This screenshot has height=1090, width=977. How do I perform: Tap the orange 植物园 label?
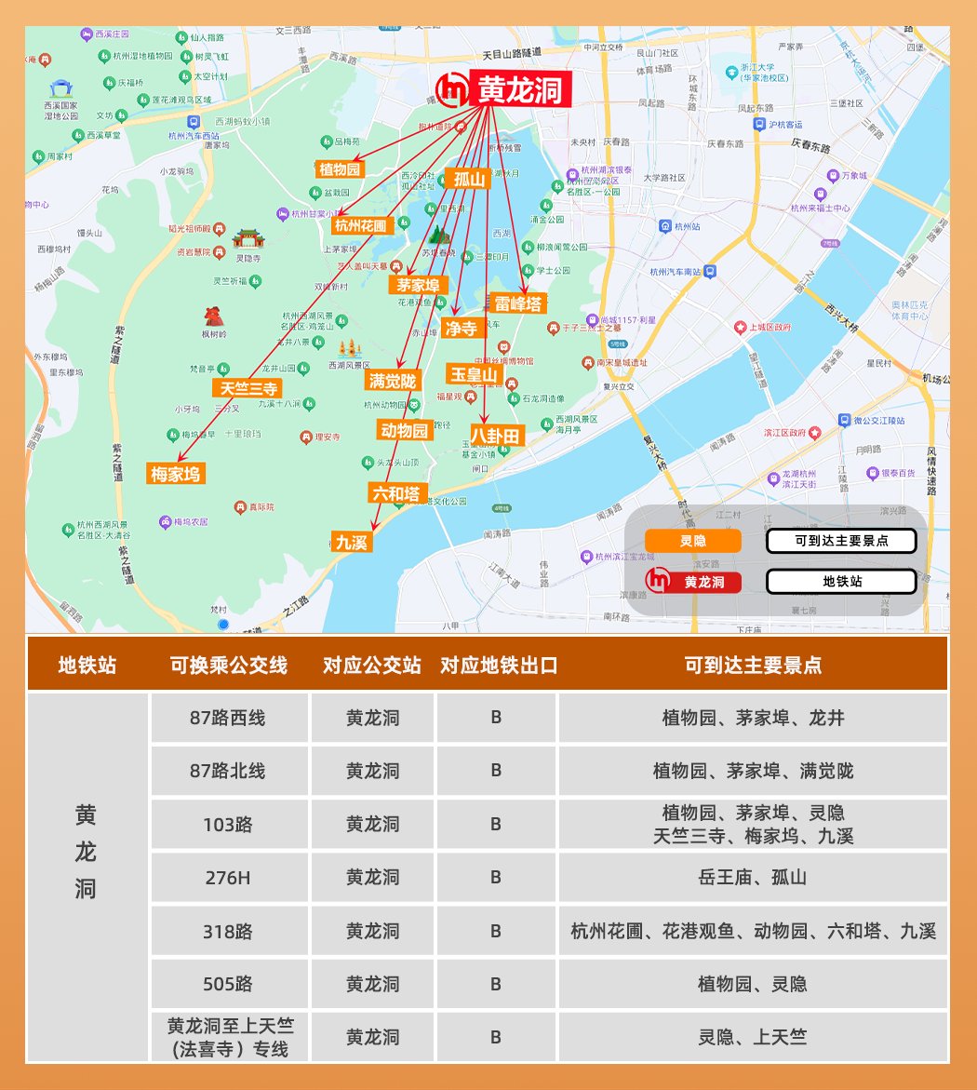point(340,169)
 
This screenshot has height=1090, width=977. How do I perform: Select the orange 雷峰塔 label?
point(518,303)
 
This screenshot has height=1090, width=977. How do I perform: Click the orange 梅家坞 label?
point(176,474)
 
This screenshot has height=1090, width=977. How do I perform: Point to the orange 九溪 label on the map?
point(352,542)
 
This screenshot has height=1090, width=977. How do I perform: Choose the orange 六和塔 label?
point(396,493)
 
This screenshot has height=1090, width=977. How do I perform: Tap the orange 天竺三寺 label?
point(248,388)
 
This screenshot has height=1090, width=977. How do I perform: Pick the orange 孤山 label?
point(470,179)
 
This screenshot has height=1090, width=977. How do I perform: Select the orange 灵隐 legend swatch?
point(693,541)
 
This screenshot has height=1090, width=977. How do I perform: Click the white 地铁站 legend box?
point(841,582)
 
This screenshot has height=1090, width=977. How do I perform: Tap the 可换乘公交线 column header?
point(229,666)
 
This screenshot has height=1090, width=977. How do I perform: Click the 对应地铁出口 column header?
point(498,666)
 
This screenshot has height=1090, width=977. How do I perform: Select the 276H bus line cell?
point(229,877)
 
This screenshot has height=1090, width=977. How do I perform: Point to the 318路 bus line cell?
point(229,931)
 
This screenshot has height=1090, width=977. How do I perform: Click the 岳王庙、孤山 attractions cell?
point(753,877)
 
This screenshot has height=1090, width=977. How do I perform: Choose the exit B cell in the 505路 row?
point(496,984)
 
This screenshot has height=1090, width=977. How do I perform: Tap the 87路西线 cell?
point(229,718)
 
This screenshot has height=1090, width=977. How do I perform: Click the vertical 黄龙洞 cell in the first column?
point(87,852)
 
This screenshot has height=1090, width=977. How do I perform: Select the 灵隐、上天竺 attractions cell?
point(753,1037)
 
